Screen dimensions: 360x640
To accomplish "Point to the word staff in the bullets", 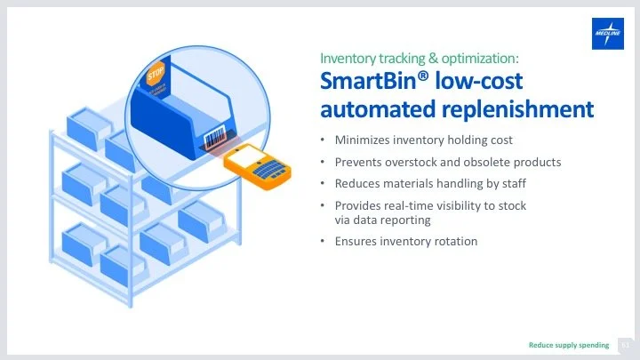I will pos(510,184).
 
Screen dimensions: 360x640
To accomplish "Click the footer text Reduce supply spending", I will pos(569,344).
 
